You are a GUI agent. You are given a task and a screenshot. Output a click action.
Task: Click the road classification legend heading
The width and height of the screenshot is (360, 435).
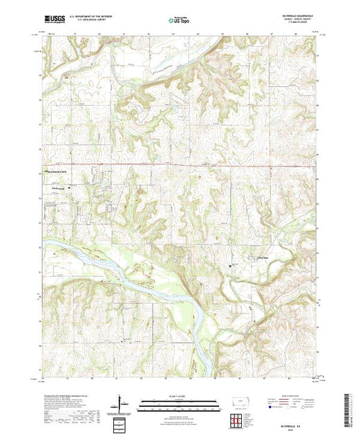[290, 395]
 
